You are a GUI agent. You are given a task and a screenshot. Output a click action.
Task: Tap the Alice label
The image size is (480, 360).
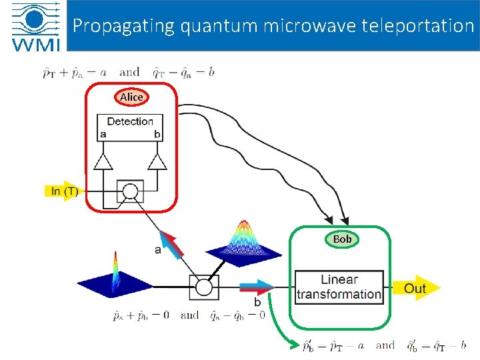pyautogui.click(x=131, y=97)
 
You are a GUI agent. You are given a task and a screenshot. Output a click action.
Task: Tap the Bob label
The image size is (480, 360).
pyautogui.click(x=342, y=239)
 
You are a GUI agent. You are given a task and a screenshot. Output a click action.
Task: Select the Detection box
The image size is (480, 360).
pyautogui.click(x=130, y=127)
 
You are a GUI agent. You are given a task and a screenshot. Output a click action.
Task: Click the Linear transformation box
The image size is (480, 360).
pyautogui.click(x=339, y=287)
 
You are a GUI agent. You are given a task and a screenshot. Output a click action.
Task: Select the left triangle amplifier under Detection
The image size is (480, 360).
pyautogui.click(x=103, y=161)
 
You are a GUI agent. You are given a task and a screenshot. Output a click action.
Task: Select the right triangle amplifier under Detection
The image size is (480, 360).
pyautogui.click(x=157, y=161)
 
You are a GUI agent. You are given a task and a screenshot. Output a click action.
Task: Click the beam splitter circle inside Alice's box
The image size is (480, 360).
pyautogui.click(x=130, y=192)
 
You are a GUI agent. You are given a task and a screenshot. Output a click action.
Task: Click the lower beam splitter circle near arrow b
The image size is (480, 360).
pyautogui.click(x=203, y=287)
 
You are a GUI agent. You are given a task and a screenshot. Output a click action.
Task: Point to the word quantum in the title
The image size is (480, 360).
pyautogui.click(x=208, y=26)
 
